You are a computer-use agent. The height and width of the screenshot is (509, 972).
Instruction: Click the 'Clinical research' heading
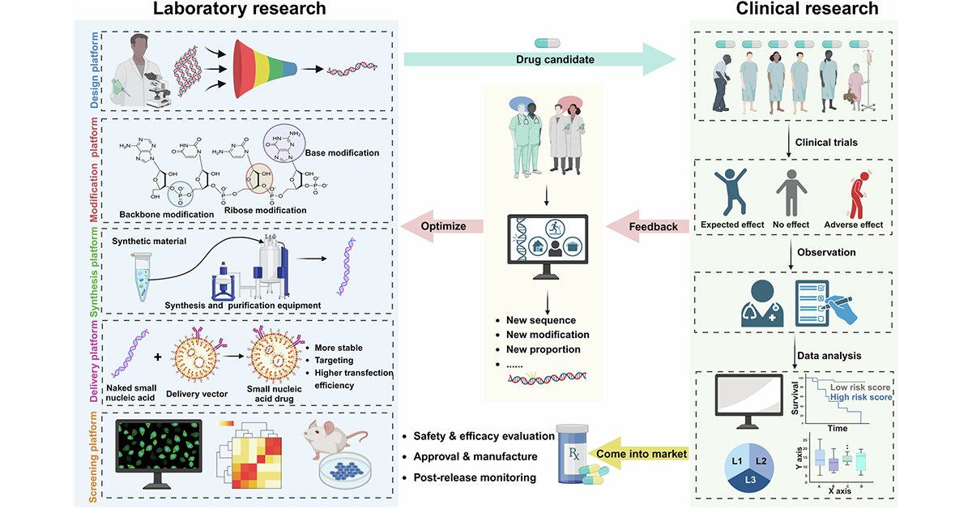pyautogui.click(x=807, y=10)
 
